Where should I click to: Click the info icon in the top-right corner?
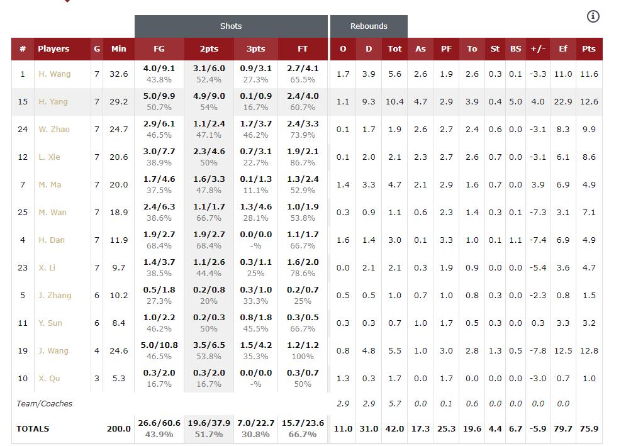(x=593, y=16)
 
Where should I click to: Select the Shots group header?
(x=231, y=26)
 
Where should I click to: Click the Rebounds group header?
(x=369, y=26)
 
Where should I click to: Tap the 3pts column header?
(x=255, y=49)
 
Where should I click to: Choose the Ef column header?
(x=563, y=49)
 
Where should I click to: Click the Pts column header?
(x=589, y=49)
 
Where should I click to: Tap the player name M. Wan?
(x=52, y=213)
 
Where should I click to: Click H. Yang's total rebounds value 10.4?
(x=394, y=102)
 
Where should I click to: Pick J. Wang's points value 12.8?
(x=589, y=351)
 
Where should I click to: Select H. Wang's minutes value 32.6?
(x=118, y=74)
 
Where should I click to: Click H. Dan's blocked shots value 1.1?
(x=515, y=240)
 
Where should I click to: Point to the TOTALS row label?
(x=33, y=429)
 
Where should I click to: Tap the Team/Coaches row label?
(x=44, y=404)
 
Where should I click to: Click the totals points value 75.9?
(x=589, y=429)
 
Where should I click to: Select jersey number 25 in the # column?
(x=23, y=213)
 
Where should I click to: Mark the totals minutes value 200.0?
(x=118, y=429)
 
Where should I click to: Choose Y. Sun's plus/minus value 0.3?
(x=537, y=323)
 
